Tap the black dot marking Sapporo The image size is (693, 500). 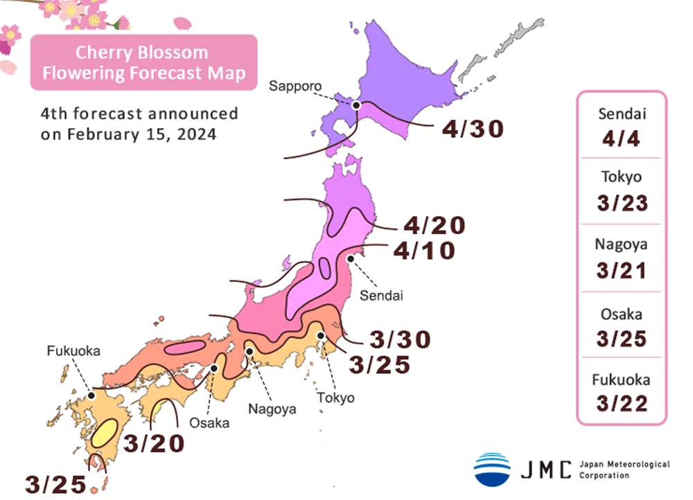pyautogui.click(x=356, y=105)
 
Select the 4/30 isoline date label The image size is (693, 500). pyautogui.click(x=472, y=129)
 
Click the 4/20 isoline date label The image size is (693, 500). pyautogui.click(x=434, y=226)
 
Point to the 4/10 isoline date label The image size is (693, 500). pyautogui.click(x=423, y=250)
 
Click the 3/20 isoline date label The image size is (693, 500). pyautogui.click(x=155, y=443)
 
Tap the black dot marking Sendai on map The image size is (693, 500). pyautogui.click(x=351, y=259)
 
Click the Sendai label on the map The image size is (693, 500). pyautogui.click(x=381, y=296)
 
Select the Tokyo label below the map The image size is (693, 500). pyautogui.click(x=335, y=398)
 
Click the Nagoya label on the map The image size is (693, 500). pyautogui.click(x=272, y=409)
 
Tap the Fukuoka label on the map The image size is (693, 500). pyautogui.click(x=73, y=351)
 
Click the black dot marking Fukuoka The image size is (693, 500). pyautogui.click(x=91, y=396)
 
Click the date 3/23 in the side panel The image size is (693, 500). pyautogui.click(x=621, y=204)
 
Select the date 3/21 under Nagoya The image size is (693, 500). pyautogui.click(x=621, y=269)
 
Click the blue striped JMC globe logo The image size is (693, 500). pyautogui.click(x=492, y=469)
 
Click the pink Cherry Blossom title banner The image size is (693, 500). pyautogui.click(x=143, y=62)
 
